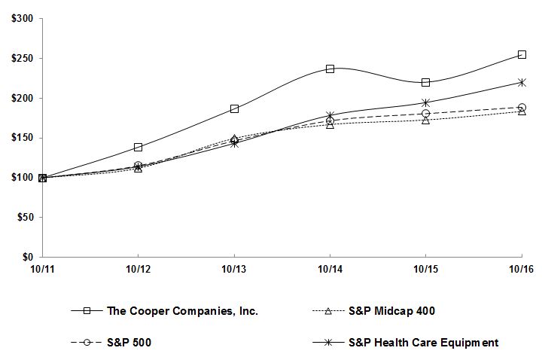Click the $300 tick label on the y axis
pyautogui.click(x=22, y=18)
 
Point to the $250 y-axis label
pyautogui.click(x=22, y=58)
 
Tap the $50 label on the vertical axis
pyautogui.click(x=24, y=217)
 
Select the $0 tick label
pyautogui.click(x=27, y=257)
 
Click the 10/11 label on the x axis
pyautogui.click(x=42, y=268)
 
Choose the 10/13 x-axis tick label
pyautogui.click(x=234, y=268)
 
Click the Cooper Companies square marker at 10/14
pyautogui.click(x=330, y=69)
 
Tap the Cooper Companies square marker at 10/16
pyautogui.click(x=522, y=54)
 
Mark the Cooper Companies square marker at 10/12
pyautogui.click(x=138, y=147)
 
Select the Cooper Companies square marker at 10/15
pyautogui.click(x=426, y=82)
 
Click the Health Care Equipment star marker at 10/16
pyautogui.click(x=522, y=82)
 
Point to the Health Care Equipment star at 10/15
pyautogui.click(x=426, y=102)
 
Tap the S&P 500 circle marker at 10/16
pyautogui.click(x=522, y=108)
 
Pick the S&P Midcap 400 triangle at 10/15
pyautogui.click(x=426, y=120)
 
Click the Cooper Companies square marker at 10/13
pyautogui.click(x=234, y=108)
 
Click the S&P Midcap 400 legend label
pyautogui.click(x=391, y=310)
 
